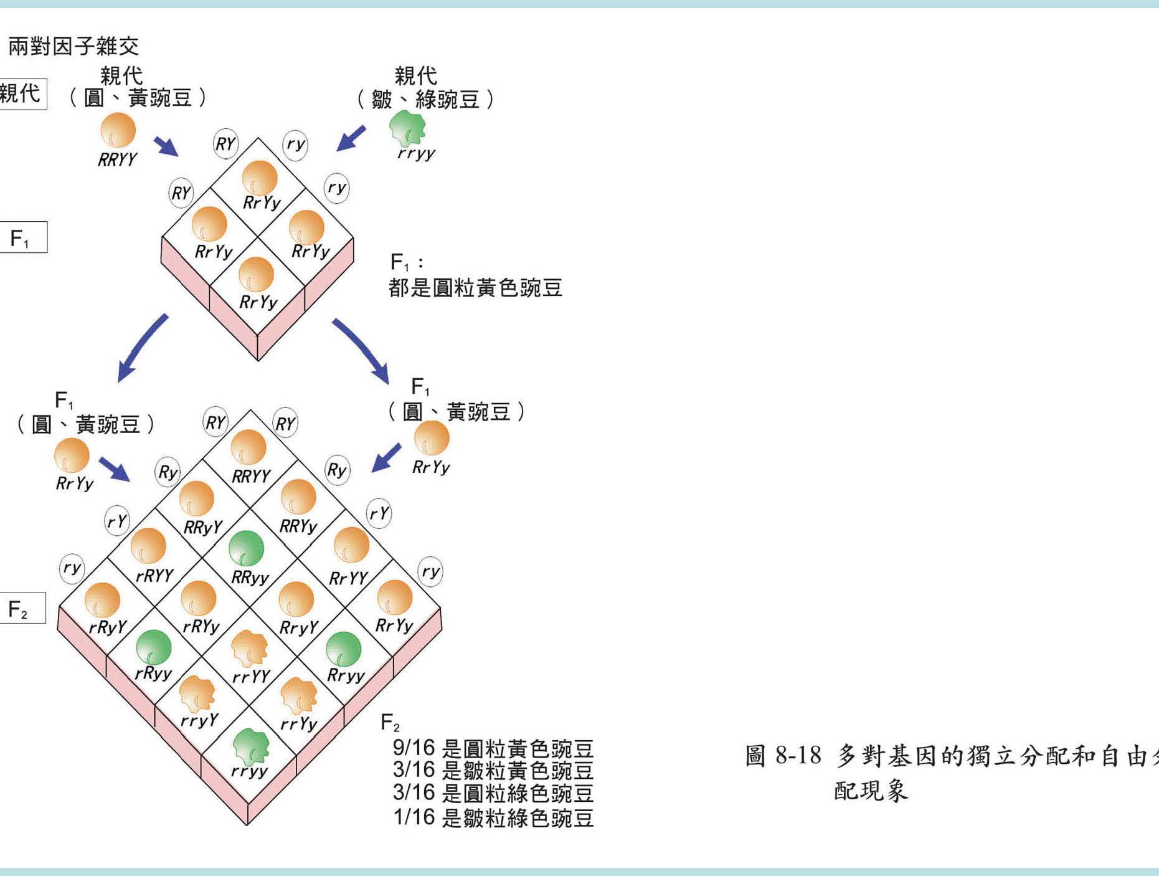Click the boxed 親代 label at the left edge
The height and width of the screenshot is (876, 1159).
pyautogui.click(x=21, y=94)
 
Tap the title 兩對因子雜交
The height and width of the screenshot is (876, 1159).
pyautogui.click(x=73, y=46)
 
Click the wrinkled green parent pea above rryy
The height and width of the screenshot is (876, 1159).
pyautogui.click(x=407, y=128)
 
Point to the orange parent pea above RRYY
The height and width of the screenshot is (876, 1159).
pyautogui.click(x=118, y=130)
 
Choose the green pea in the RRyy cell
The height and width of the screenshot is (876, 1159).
pyautogui.click(x=247, y=548)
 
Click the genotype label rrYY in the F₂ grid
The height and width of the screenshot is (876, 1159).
pyautogui.click(x=251, y=676)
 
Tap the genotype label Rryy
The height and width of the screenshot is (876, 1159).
pyautogui.click(x=346, y=675)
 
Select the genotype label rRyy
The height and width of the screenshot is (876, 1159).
pyautogui.click(x=153, y=673)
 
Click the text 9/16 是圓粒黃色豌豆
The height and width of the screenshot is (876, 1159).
pyautogui.click(x=493, y=748)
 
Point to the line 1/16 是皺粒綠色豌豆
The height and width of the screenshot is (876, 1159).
pyautogui.click(x=493, y=817)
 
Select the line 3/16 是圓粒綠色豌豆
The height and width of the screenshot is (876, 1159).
pyautogui.click(x=493, y=793)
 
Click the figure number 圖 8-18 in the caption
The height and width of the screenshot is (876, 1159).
pyautogui.click(x=783, y=756)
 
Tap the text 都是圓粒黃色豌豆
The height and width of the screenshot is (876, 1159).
pyautogui.click(x=475, y=288)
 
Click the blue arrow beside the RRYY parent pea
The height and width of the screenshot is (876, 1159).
pyautogui.click(x=166, y=146)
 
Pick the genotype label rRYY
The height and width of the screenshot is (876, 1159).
pyautogui.click(x=154, y=575)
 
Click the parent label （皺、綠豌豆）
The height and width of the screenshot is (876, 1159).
pyautogui.click(x=426, y=99)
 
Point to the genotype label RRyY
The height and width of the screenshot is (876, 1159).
pyautogui.click(x=203, y=528)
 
